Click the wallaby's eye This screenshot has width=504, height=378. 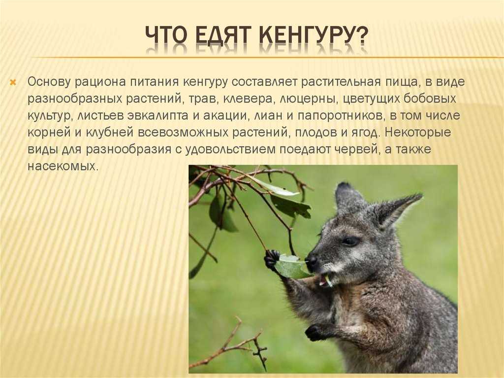(350, 241)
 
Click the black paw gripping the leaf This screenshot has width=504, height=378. (271, 259)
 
